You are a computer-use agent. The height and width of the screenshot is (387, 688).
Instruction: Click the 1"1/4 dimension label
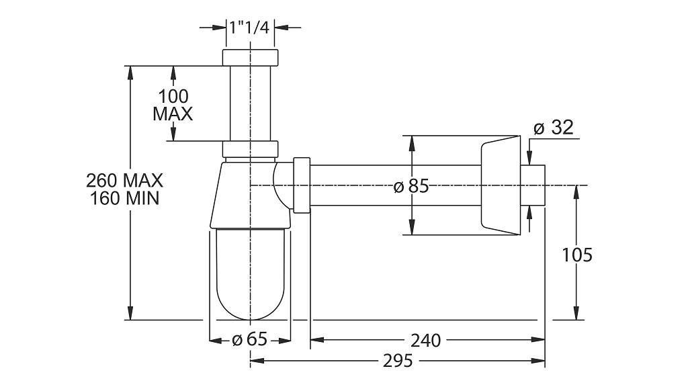(x=249, y=28)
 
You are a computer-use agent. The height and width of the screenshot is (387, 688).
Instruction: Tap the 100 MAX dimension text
(x=173, y=105)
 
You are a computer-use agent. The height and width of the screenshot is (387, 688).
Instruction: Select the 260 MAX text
(x=124, y=180)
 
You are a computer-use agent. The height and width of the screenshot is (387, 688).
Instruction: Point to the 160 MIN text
(x=124, y=198)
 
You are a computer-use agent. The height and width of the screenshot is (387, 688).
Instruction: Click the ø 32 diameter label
(x=554, y=128)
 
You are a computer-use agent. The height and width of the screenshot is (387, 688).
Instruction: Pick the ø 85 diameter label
(x=411, y=187)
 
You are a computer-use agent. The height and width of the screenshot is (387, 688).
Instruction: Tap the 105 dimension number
(x=577, y=255)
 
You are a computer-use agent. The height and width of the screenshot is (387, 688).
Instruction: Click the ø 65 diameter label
(x=249, y=339)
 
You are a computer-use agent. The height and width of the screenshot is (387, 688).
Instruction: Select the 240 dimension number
(x=425, y=340)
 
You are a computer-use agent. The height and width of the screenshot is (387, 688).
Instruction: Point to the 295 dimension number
(x=398, y=361)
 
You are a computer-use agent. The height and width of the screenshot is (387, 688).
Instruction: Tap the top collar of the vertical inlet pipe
(x=250, y=58)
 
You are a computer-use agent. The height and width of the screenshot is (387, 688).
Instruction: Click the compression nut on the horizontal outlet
(x=302, y=185)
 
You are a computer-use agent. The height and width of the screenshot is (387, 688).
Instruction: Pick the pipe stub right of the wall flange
(x=533, y=185)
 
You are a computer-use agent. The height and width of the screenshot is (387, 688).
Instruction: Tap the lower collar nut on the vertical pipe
(x=250, y=148)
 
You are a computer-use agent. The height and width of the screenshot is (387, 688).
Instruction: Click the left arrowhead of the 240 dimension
(x=317, y=339)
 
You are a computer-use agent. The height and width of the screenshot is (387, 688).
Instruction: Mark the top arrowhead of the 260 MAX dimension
(x=130, y=73)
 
